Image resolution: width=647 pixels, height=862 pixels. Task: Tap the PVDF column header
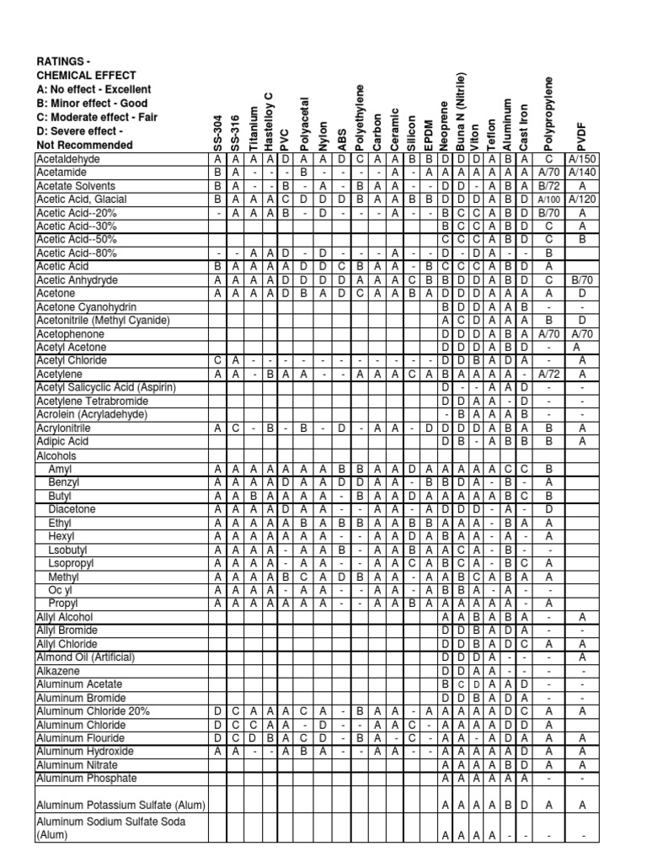pyautogui.click(x=580, y=135)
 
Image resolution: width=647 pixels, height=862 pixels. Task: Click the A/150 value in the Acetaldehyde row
pyautogui.click(x=581, y=158)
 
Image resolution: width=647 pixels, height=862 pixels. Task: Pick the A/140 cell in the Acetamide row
pyautogui.click(x=581, y=172)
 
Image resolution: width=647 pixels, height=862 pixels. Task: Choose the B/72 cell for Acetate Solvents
pyautogui.click(x=548, y=185)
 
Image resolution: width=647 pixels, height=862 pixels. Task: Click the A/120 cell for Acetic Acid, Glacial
pyautogui.click(x=581, y=199)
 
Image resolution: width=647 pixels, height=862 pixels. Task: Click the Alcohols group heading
pyautogui.click(x=56, y=455)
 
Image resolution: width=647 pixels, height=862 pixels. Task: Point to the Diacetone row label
pyautogui.click(x=72, y=508)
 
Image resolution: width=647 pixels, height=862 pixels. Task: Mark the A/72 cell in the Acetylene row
pyautogui.click(x=548, y=374)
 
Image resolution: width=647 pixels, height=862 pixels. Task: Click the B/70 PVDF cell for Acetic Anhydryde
pyautogui.click(x=581, y=279)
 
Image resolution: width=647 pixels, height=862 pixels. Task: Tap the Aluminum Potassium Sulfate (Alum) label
pyautogui.click(x=120, y=805)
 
